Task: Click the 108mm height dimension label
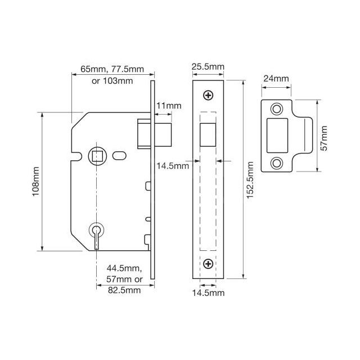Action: (x=35, y=182)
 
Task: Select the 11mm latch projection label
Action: (x=169, y=106)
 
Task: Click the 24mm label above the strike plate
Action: (x=276, y=79)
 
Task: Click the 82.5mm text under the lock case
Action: (x=124, y=290)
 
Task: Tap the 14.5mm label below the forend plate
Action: (x=209, y=293)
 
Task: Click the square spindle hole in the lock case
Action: (x=96, y=154)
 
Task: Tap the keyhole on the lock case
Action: (x=96, y=231)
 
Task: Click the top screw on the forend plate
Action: (x=209, y=96)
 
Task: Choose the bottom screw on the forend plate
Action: (x=209, y=264)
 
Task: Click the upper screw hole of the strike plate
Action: (x=276, y=109)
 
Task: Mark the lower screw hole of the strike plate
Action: (x=276, y=163)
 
